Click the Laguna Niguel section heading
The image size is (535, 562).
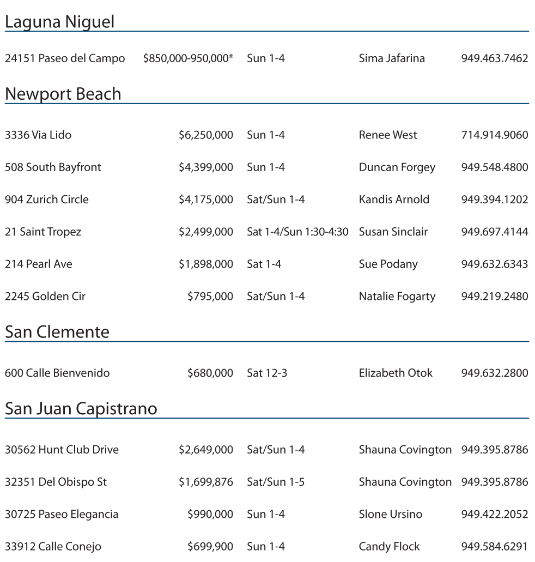59,22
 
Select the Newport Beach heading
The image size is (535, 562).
63,94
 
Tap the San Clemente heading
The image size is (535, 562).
57,332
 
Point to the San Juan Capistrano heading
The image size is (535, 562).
81,409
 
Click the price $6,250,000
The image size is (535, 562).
205,135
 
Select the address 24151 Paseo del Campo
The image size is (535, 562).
65,58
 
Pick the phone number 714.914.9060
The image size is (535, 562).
494,135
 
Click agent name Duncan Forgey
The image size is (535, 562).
397,167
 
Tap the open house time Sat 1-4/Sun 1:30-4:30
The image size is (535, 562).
297,232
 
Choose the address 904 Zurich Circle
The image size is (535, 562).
46,200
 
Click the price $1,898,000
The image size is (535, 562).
205,264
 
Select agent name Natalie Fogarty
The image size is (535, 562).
397,297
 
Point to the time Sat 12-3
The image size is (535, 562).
267,373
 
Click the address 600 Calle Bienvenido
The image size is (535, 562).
57,373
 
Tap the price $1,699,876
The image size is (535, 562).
205,482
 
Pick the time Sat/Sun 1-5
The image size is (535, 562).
276,482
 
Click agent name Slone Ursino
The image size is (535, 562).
390,515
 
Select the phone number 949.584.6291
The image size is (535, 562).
494,547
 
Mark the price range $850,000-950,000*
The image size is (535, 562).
188,58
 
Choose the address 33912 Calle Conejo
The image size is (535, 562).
53,547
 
